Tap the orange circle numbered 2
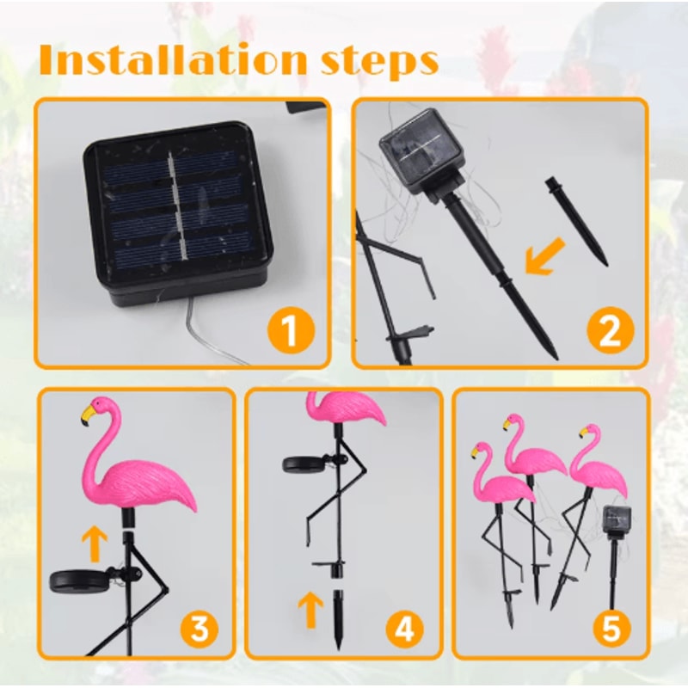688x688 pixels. point(609,331)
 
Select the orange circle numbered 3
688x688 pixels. point(199,630)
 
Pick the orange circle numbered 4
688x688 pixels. point(404,630)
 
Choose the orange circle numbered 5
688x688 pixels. point(611,630)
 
